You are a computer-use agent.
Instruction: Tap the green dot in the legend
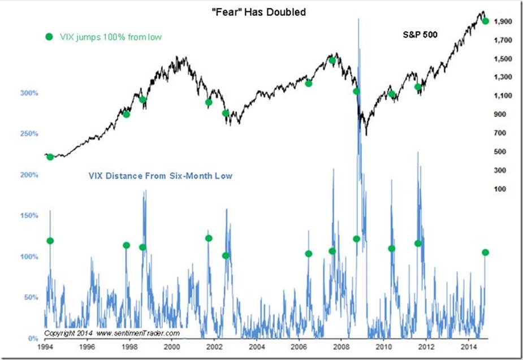(48, 37)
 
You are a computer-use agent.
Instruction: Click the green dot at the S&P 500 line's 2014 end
(485, 21)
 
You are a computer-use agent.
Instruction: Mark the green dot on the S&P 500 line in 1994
(50, 157)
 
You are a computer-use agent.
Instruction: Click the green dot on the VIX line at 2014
(485, 252)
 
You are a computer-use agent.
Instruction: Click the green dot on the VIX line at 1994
(50, 241)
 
